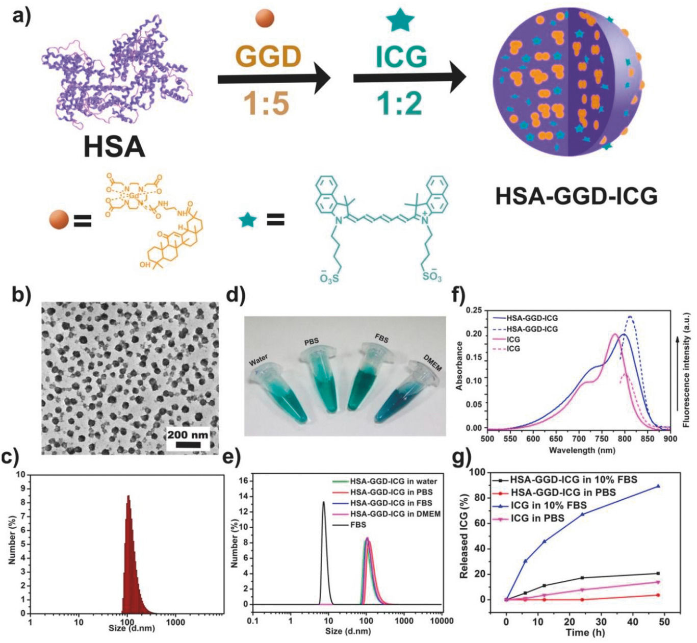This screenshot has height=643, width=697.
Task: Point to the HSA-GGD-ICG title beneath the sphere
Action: [576, 196]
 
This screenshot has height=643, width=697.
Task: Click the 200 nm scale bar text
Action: [188, 435]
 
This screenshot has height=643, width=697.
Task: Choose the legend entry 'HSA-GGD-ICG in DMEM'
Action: [395, 513]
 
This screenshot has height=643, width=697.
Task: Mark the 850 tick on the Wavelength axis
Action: [648, 439]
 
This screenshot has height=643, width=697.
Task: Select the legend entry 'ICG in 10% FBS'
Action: [548, 505]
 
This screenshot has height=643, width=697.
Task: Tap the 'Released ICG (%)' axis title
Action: [464, 536]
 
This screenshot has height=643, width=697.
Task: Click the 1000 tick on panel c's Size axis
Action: [175, 622]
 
